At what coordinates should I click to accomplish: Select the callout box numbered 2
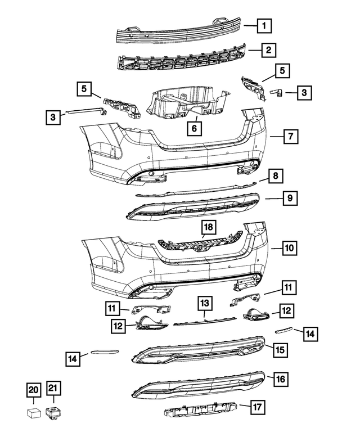[x=269, y=50]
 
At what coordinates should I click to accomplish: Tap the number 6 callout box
[x=195, y=129]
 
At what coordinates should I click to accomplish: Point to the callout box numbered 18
[x=208, y=228]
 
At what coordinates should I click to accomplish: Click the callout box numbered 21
[x=53, y=389]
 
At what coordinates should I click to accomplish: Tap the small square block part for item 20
[x=33, y=413]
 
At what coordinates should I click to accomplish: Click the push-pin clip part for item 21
[x=53, y=412]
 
